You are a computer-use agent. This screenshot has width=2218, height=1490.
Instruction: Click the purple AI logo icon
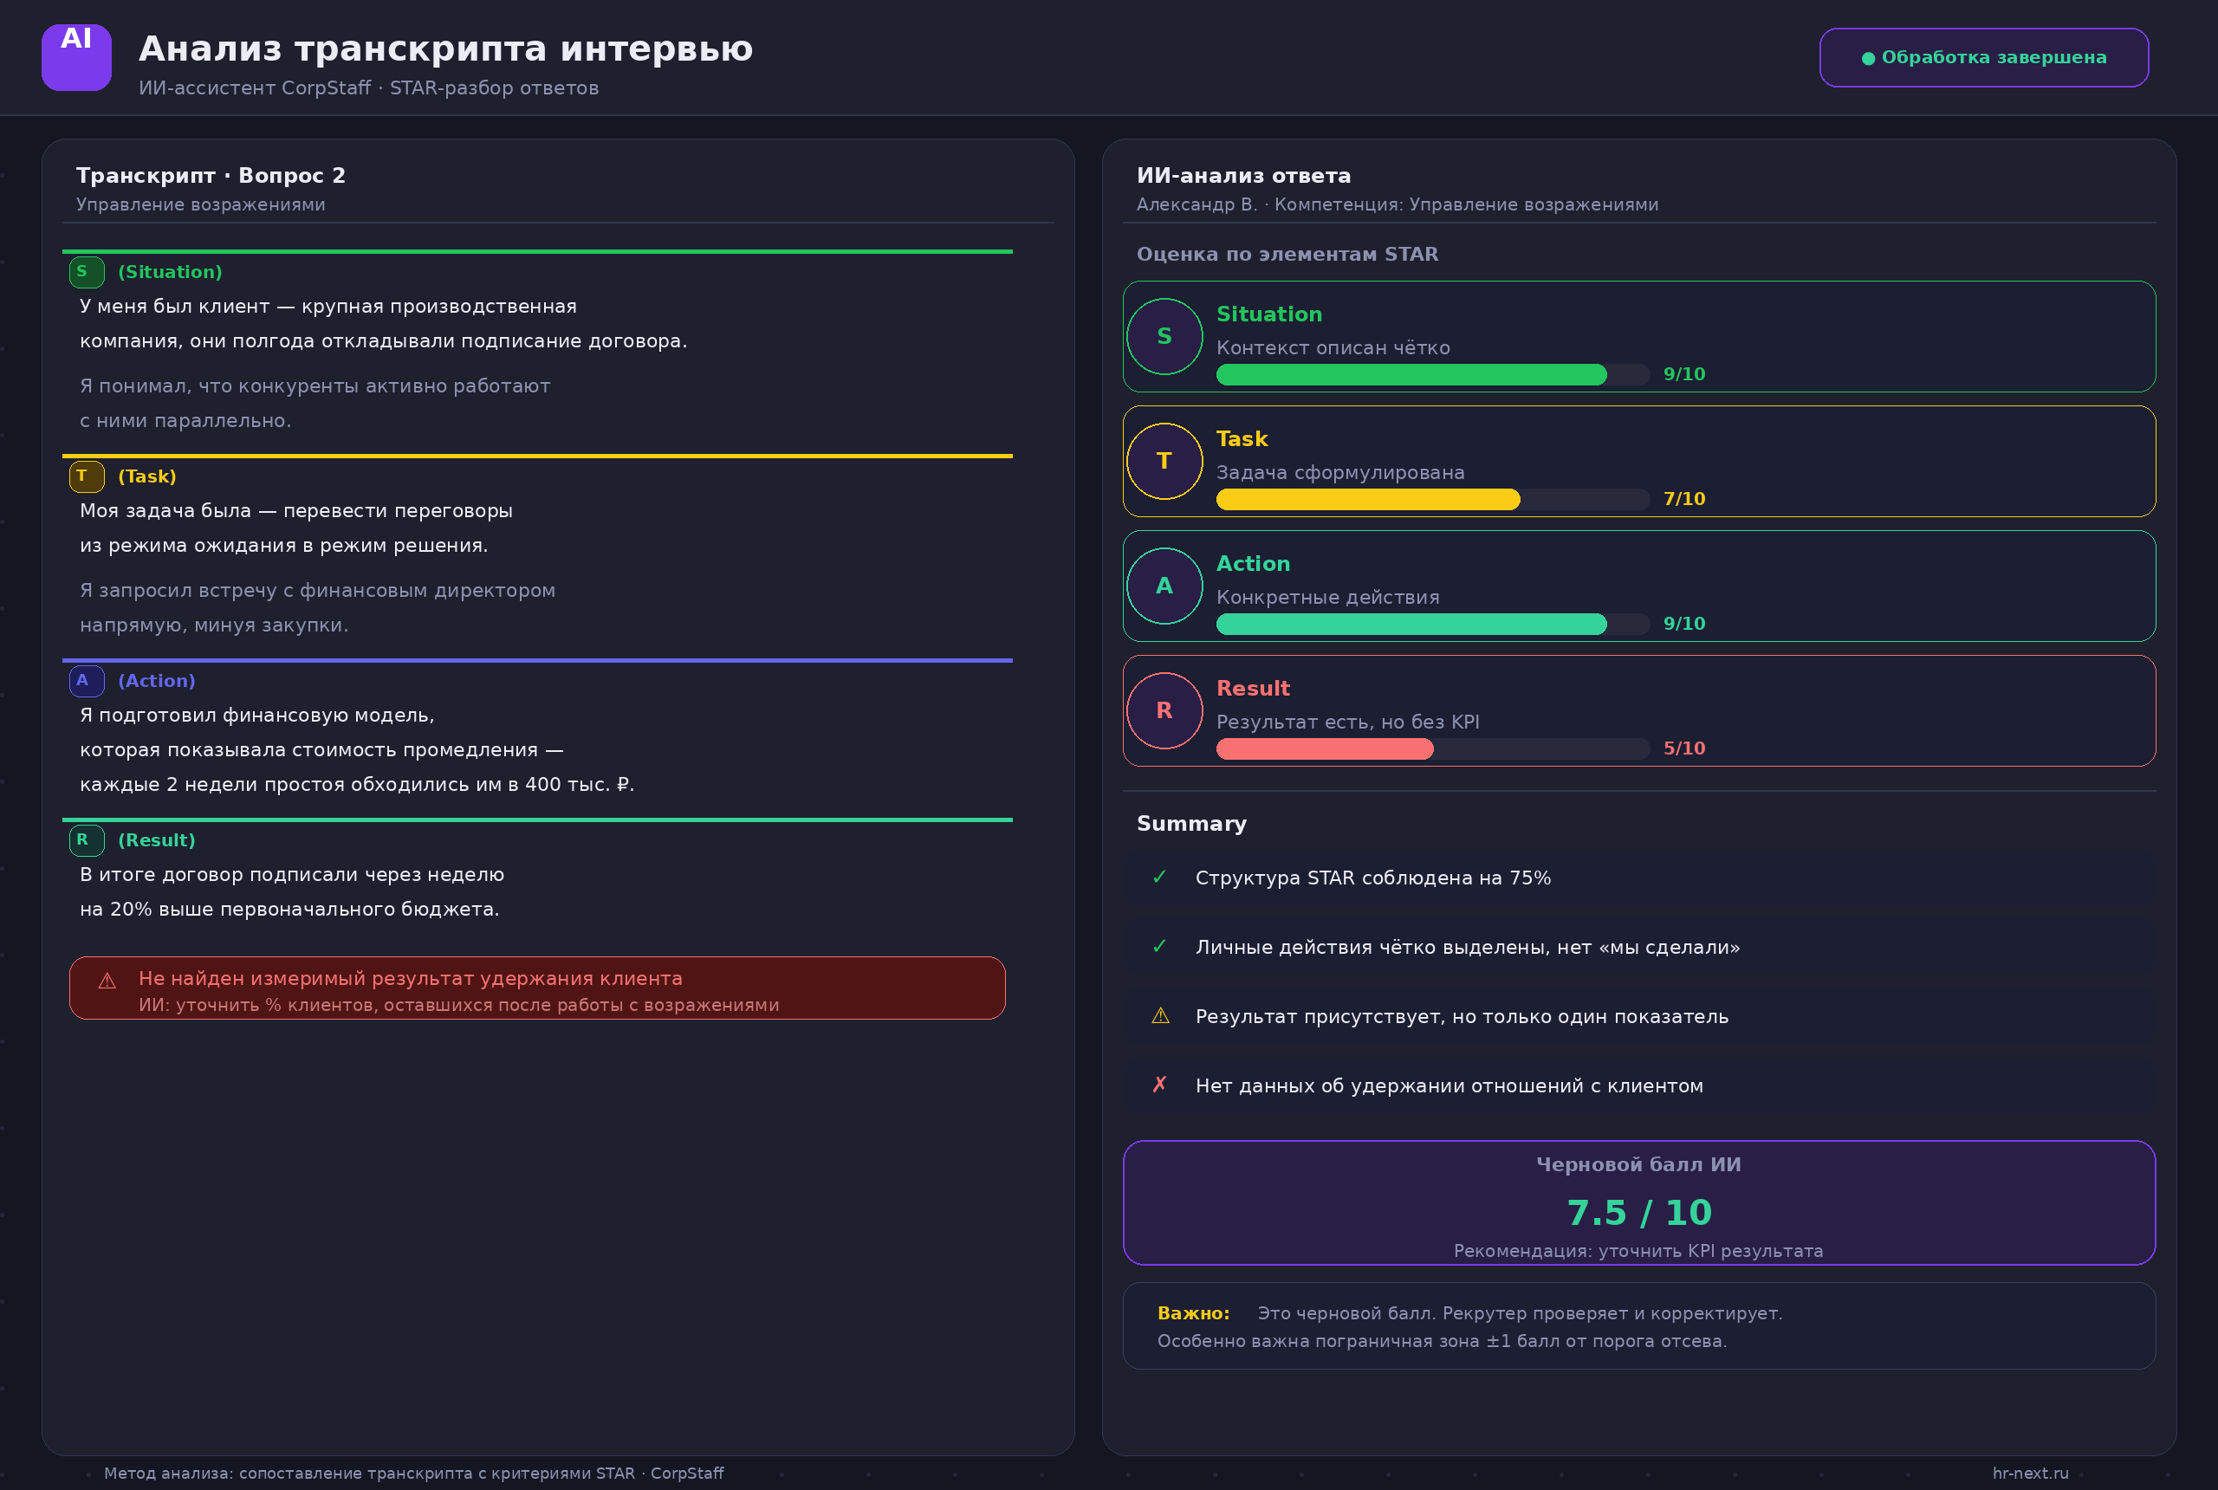click(76, 57)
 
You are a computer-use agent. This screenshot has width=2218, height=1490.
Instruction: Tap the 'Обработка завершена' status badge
click(1983, 57)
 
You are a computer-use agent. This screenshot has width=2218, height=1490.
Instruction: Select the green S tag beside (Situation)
click(87, 272)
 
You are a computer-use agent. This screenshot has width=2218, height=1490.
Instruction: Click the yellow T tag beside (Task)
click(87, 476)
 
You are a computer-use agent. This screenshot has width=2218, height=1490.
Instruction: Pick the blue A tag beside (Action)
click(87, 680)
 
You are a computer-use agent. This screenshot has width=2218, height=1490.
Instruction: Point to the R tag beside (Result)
click(87, 840)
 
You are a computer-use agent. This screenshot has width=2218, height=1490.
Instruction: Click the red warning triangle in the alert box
click(107, 981)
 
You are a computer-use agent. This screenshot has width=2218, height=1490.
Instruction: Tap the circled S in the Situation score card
click(1164, 336)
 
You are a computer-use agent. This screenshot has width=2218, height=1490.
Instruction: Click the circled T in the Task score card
click(1164, 461)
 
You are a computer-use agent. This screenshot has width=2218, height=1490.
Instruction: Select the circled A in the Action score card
click(1164, 586)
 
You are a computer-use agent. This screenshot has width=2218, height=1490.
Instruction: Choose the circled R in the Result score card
click(1164, 709)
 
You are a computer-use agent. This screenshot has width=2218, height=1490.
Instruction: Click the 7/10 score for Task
click(1684, 499)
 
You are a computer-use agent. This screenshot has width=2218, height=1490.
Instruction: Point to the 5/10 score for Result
click(1684, 748)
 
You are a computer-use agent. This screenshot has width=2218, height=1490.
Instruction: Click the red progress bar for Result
click(1325, 748)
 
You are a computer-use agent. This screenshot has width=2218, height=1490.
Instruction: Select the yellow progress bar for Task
click(1368, 499)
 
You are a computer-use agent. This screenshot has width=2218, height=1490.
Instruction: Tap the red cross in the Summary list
click(1159, 1085)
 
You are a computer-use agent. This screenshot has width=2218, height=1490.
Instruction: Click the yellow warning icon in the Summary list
click(1160, 1016)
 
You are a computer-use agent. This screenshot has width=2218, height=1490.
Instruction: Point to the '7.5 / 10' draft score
click(1639, 1213)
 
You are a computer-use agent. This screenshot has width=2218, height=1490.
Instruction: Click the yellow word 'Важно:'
click(1194, 1313)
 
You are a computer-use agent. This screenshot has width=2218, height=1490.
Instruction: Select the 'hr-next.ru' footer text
click(2031, 1473)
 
